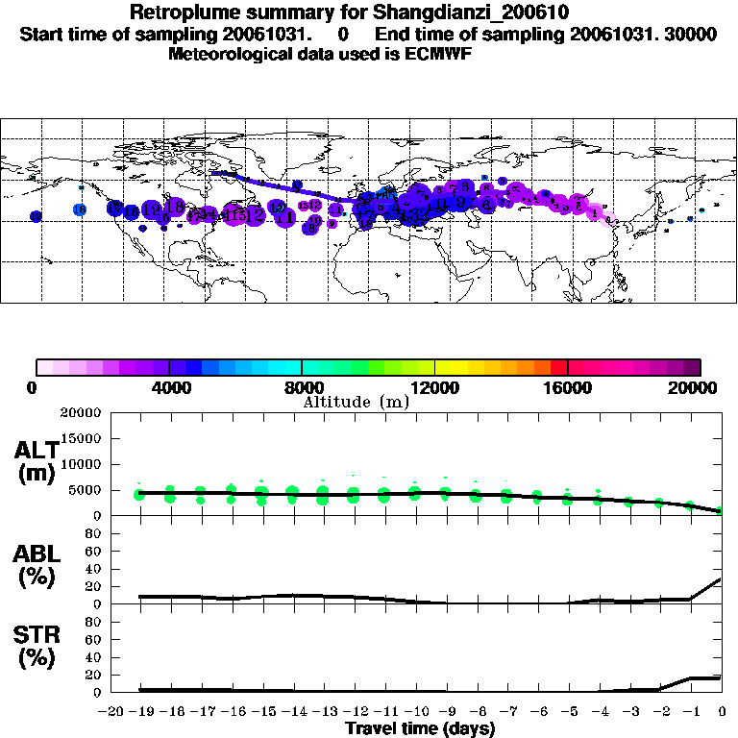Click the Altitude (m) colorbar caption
356,402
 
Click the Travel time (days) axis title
420,729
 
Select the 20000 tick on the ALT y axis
84,413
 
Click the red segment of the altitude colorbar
559,367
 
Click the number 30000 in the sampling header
691,35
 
